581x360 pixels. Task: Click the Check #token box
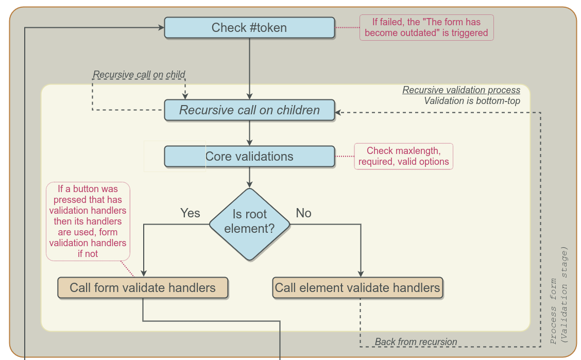point(249,28)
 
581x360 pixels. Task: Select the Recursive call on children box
point(249,110)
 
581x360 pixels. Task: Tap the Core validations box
point(249,157)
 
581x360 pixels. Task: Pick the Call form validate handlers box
point(143,288)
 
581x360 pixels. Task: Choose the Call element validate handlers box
point(357,288)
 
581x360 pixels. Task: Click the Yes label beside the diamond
point(190,213)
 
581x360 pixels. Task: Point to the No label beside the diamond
point(303,213)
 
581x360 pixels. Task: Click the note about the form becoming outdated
point(426,28)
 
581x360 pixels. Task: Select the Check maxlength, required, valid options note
point(403,157)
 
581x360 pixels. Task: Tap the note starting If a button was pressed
point(88,221)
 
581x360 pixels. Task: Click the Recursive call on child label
point(139,75)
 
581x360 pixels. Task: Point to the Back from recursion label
point(416,342)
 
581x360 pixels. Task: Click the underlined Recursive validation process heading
point(461,90)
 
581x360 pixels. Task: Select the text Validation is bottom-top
point(472,101)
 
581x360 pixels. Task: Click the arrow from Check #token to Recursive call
point(249,67)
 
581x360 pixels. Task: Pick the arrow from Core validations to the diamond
point(249,177)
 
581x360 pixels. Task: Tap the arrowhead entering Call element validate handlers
point(360,275)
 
